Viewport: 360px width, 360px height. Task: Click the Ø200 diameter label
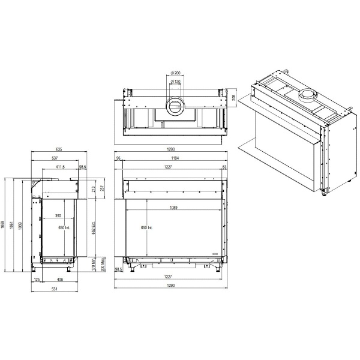(x=175, y=73)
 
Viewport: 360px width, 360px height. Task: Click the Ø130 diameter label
(x=176, y=81)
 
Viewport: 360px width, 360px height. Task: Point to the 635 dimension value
(x=59, y=149)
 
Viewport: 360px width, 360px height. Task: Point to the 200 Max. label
(x=103, y=264)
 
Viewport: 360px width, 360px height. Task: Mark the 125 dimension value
(x=37, y=278)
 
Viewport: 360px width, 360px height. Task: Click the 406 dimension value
(x=60, y=278)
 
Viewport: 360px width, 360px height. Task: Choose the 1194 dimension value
(x=173, y=158)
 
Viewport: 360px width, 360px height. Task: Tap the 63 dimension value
(x=224, y=167)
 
